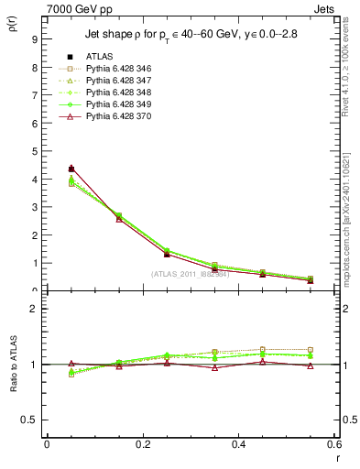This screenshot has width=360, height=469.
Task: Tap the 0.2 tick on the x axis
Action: (x=142, y=444)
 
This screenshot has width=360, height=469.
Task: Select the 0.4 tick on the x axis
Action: (x=238, y=444)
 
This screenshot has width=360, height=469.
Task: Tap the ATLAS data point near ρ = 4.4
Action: (x=71, y=169)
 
